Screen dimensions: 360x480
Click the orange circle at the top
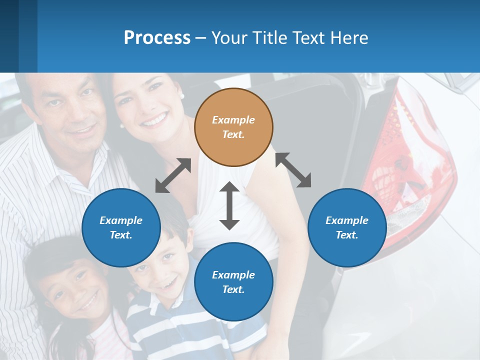(233, 127)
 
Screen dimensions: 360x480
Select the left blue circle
(121, 227)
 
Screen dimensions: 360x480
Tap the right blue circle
(347, 227)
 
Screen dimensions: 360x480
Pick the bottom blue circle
(233, 282)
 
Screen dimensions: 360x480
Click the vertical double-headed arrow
(229, 205)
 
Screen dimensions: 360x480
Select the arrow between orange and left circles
(173, 175)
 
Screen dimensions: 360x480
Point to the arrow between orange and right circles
(293, 170)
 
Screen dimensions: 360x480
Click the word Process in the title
(157, 38)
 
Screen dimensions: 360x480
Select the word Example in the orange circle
(233, 120)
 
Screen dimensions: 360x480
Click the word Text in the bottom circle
(232, 289)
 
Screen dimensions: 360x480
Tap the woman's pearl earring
(182, 95)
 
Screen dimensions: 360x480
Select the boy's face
(160, 270)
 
